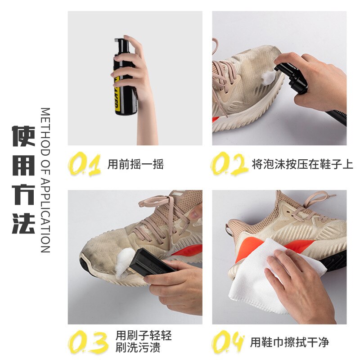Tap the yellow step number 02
pos(229,164)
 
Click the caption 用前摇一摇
pos(135,164)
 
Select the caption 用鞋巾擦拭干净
pos(289,342)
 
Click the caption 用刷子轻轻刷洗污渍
pos(144,342)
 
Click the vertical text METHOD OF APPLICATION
pos(45,180)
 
